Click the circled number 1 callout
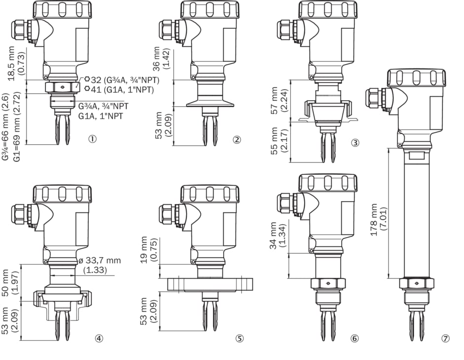click(92, 139)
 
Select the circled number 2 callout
click(237, 139)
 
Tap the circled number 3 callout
click(354, 143)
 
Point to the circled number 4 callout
click(99, 338)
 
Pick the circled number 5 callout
click(239, 338)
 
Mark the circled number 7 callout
click(446, 338)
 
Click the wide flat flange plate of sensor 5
click(210, 284)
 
